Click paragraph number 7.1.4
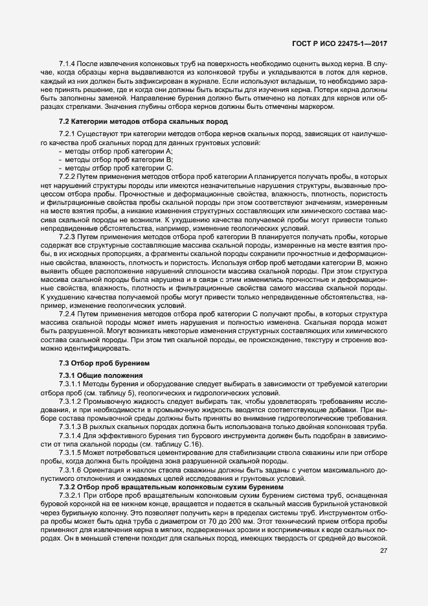click(x=68, y=63)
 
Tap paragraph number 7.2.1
click(x=68, y=134)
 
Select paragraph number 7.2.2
click(x=68, y=176)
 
